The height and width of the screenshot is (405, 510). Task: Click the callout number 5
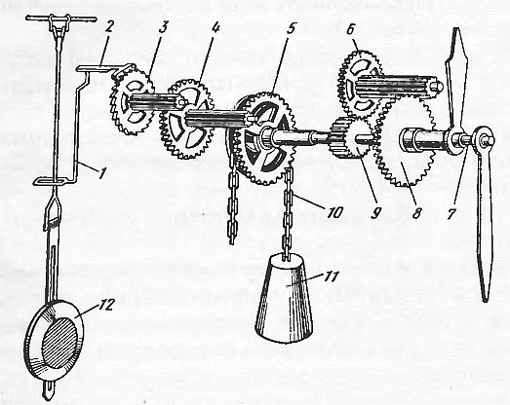point(291,28)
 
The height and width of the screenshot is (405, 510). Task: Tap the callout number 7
point(451,213)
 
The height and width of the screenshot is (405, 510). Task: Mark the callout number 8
point(416,213)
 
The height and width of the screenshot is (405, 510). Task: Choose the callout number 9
point(375,213)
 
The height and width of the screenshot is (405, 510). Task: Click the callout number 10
point(335,213)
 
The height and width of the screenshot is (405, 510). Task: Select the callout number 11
point(332,276)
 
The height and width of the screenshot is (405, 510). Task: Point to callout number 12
point(106,305)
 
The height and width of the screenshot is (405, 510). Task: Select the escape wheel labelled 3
point(131,103)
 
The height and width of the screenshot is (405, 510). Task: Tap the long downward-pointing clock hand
point(484,221)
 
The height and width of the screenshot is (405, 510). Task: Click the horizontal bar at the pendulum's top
point(60,19)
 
